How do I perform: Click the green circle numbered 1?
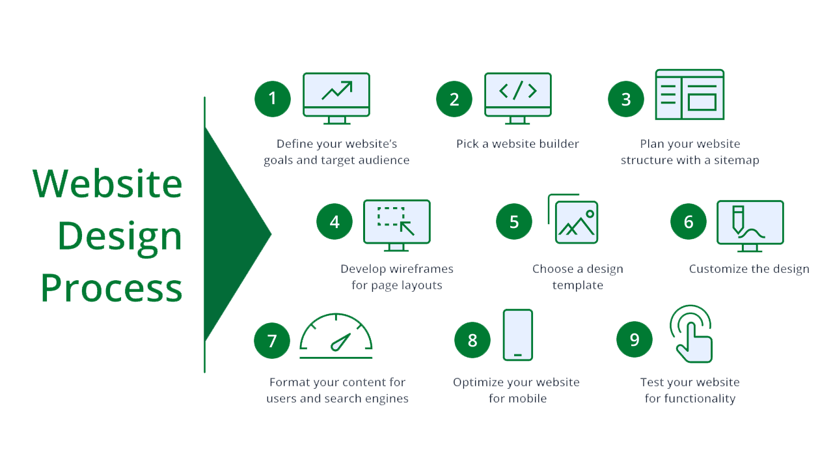point(272,98)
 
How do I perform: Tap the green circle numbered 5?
point(514,221)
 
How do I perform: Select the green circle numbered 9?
point(635,340)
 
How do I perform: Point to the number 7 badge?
point(272,340)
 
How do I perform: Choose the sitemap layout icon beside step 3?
point(689,95)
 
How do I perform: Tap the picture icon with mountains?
point(576,222)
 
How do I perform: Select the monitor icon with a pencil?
point(750,224)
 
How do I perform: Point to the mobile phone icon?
point(517,335)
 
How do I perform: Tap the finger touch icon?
point(692,334)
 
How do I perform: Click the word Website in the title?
point(107,184)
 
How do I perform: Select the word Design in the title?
point(120,236)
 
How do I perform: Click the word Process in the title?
point(111,288)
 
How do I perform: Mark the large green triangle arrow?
point(231,234)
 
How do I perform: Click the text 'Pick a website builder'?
point(517,144)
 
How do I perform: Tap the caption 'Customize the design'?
point(749,269)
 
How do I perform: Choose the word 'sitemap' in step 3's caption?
point(735,160)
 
